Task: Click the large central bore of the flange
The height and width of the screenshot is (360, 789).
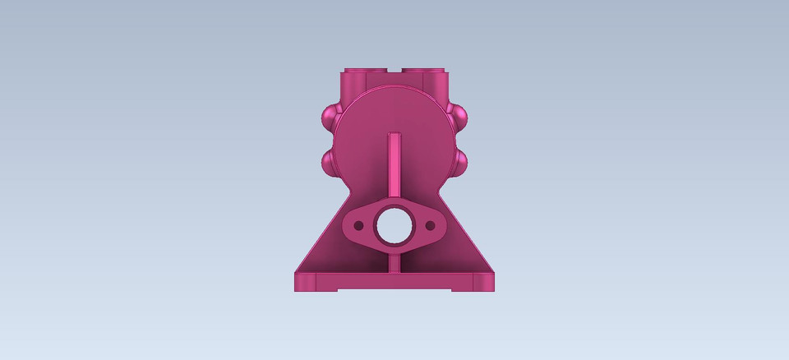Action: point(394,225)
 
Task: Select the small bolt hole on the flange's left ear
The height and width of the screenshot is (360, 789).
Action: point(358,224)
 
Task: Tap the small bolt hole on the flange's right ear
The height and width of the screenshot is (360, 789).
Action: point(431,224)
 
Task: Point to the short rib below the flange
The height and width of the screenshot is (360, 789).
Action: point(395,261)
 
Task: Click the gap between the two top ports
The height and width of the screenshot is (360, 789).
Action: point(395,72)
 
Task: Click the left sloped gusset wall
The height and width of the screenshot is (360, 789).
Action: point(329,247)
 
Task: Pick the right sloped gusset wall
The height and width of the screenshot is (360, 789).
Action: point(461,247)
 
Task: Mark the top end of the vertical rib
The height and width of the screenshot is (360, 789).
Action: point(395,134)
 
